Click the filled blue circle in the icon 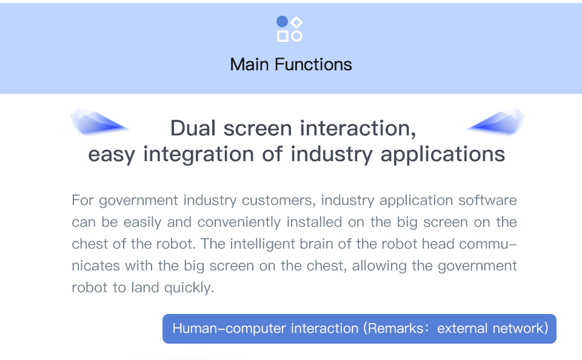282,22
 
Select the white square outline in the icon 283,36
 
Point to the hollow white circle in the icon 296,36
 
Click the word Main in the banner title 249,65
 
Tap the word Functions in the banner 313,65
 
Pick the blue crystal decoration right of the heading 495,121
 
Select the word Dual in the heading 193,128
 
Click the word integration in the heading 199,155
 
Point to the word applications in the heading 443,155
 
